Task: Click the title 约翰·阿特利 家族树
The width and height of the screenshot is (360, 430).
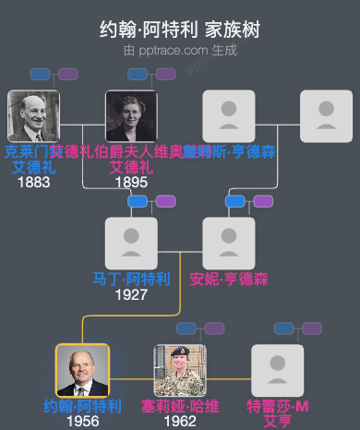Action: click(180, 30)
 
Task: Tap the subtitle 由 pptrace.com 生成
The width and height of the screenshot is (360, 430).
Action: click(180, 50)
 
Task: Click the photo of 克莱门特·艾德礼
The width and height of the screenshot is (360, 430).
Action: click(33, 115)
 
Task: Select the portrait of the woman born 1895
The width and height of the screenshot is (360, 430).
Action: click(131, 115)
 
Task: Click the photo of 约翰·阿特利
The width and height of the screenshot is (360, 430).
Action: click(82, 371)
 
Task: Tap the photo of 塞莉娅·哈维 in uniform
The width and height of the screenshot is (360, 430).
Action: click(180, 371)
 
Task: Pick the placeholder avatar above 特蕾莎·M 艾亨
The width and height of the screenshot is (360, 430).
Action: click(278, 371)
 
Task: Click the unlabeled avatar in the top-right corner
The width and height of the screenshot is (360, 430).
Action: click(327, 115)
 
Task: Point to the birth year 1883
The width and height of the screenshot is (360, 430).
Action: click(33, 183)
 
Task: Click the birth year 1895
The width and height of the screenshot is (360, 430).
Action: click(131, 183)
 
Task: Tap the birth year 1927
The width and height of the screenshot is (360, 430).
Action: click(131, 295)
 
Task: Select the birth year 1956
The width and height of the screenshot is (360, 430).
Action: click(82, 421)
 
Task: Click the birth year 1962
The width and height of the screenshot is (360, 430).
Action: click(180, 421)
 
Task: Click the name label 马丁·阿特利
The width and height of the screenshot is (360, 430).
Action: click(131, 279)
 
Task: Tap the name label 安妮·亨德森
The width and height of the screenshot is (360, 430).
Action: click(229, 279)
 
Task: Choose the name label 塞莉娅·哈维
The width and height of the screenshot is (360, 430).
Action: click(180, 406)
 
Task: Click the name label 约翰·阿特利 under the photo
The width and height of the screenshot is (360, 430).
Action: click(82, 406)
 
